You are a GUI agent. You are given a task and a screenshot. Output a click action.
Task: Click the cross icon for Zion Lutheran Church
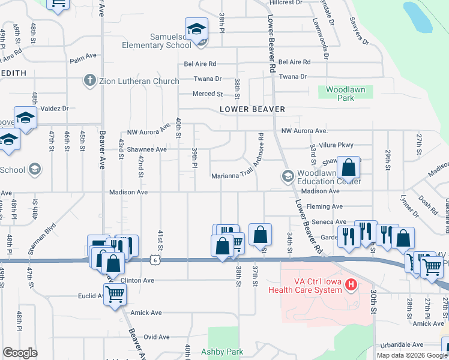click(x=90, y=80)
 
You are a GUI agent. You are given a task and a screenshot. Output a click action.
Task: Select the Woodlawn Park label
click(x=345, y=93)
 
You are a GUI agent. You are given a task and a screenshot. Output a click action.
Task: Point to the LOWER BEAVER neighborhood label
click(x=252, y=109)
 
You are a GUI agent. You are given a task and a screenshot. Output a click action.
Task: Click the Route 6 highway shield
click(x=155, y=259)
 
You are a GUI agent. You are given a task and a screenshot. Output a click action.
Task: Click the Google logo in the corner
click(x=20, y=353)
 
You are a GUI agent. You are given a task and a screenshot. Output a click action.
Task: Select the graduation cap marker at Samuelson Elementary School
click(x=196, y=29)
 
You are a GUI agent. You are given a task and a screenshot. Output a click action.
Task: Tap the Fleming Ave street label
click(x=324, y=206)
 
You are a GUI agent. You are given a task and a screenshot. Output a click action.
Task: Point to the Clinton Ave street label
click(x=138, y=280)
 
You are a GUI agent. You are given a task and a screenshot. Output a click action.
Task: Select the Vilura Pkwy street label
click(x=337, y=145)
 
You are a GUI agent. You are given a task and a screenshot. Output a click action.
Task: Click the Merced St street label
click(x=207, y=94)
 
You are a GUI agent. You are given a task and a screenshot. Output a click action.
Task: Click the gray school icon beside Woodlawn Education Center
click(x=287, y=176)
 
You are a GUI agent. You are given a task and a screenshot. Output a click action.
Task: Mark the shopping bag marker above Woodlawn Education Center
click(x=349, y=167)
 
